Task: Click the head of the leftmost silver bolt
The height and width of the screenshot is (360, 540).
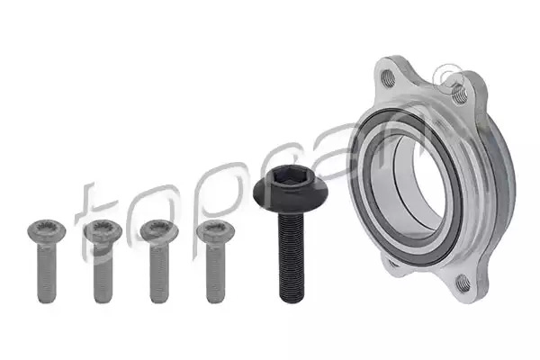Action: tap(47, 230)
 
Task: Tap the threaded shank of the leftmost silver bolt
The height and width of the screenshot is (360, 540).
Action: tap(47, 273)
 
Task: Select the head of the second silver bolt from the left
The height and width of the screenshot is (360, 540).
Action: tap(103, 230)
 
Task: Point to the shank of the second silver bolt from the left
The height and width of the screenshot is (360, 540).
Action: tap(103, 273)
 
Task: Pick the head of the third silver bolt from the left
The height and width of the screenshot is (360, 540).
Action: tap(159, 230)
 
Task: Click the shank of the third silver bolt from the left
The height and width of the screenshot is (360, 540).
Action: tap(159, 273)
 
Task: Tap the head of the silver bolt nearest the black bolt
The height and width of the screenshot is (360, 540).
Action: tap(216, 230)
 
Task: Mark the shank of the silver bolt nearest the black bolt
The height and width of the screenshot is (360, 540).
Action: tap(216, 273)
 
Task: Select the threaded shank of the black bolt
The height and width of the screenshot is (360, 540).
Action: tap(292, 256)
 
